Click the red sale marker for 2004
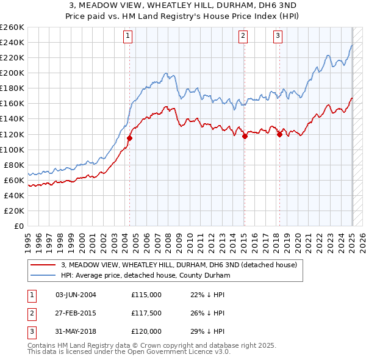[x=129, y=138]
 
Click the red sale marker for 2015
[x=245, y=136]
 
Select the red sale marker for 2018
[x=279, y=134]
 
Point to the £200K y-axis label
[x=12, y=73]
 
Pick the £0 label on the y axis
[x=19, y=226]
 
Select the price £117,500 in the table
[x=146, y=313]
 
